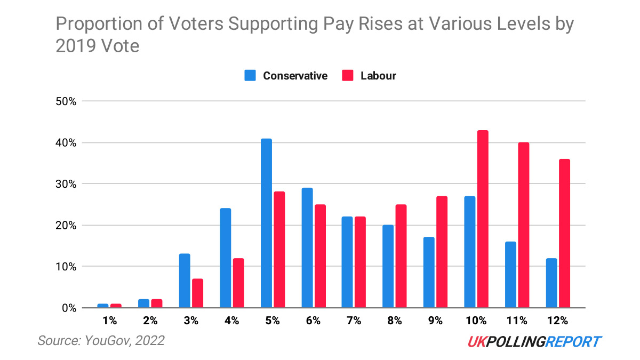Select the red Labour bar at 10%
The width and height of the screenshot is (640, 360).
(x=483, y=219)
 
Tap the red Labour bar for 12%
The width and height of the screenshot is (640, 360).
(x=564, y=233)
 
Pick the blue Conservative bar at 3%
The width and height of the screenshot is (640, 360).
(x=184, y=281)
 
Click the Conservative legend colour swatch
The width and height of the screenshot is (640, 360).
(x=250, y=76)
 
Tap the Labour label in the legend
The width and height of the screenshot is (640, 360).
(x=378, y=76)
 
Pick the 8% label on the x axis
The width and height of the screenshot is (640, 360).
(x=394, y=321)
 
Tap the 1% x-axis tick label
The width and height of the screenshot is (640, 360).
(x=109, y=321)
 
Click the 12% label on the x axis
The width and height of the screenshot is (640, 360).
(x=557, y=321)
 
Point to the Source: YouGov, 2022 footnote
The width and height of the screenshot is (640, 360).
(x=101, y=340)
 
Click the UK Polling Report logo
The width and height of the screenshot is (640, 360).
(x=534, y=341)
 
